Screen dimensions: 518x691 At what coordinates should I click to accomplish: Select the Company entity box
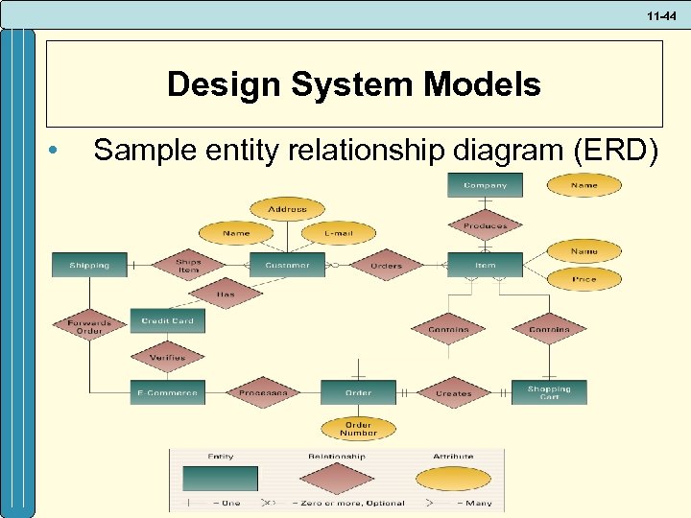click(x=485, y=185)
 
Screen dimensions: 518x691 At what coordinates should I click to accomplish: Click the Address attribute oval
click(x=287, y=208)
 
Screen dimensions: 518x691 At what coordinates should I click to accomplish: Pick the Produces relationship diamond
click(x=485, y=225)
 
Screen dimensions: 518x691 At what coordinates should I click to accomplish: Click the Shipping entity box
click(x=89, y=265)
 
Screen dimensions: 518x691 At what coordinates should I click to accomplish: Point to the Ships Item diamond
click(x=188, y=266)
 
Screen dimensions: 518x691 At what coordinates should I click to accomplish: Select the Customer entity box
click(x=287, y=265)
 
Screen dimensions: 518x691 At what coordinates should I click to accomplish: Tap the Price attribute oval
click(x=584, y=279)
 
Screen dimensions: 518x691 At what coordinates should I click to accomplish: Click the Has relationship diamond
click(x=226, y=294)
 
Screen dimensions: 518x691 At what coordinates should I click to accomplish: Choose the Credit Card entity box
click(x=168, y=320)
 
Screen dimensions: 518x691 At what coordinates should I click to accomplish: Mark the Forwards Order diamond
click(x=89, y=326)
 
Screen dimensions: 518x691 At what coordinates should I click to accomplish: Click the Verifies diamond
click(x=167, y=357)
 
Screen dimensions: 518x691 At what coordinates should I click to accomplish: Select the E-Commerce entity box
click(x=167, y=392)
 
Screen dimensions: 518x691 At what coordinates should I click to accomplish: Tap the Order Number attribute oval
click(x=357, y=428)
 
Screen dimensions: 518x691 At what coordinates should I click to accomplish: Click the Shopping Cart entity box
click(x=548, y=392)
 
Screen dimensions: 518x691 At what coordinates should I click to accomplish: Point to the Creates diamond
click(x=453, y=392)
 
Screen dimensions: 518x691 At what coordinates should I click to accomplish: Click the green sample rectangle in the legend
click(x=220, y=478)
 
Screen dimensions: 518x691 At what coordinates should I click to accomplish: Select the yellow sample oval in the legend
click(x=452, y=478)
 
